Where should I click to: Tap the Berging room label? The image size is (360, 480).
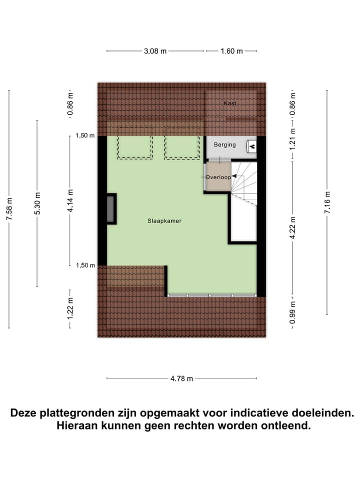pyautogui.click(x=224, y=144)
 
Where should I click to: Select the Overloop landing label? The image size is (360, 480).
pyautogui.click(x=218, y=177)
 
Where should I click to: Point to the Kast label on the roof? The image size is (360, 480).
pyautogui.click(x=230, y=103)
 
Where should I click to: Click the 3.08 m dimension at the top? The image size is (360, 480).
pyautogui.click(x=155, y=51)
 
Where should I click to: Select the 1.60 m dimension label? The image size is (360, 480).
pyautogui.click(x=231, y=51)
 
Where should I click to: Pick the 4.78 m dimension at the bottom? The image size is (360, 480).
pyautogui.click(x=181, y=378)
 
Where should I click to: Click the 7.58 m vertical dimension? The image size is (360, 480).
pyautogui.click(x=9, y=209)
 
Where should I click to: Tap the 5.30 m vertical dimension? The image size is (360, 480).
pyautogui.click(x=37, y=204)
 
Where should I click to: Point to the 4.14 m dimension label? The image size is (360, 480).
pyautogui.click(x=70, y=200)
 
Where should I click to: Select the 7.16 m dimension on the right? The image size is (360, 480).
pyautogui.click(x=327, y=202)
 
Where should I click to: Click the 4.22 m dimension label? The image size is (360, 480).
pyautogui.click(x=293, y=228)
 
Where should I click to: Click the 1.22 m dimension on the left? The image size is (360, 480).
pyautogui.click(x=70, y=308)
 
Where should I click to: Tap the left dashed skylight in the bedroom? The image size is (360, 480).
pyautogui.click(x=135, y=147)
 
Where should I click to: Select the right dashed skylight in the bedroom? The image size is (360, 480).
pyautogui.click(x=182, y=147)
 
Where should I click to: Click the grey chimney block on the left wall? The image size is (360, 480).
pyautogui.click(x=110, y=209)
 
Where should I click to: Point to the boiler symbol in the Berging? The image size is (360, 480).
pyautogui.click(x=252, y=146)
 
